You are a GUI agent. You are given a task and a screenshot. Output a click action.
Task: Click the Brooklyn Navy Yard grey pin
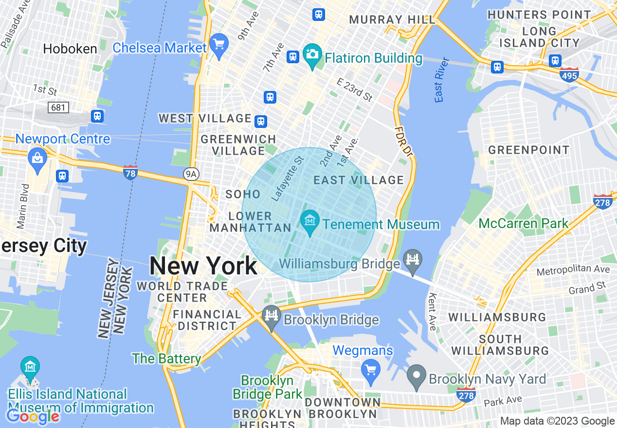coord(416,376)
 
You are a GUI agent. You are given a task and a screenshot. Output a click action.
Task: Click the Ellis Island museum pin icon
coord(30,368)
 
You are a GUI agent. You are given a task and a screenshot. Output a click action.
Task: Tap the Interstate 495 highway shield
coord(569,75)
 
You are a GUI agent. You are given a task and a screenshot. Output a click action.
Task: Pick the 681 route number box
coord(58,107)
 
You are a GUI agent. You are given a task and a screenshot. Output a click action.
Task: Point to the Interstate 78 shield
coord(130,172)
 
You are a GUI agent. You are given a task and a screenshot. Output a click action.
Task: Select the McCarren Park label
coord(524,223)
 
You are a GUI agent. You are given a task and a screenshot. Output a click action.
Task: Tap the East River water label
coord(441,80)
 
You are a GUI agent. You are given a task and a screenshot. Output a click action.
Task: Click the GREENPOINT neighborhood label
coord(529,150)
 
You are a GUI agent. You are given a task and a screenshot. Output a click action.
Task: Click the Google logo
coord(33,416)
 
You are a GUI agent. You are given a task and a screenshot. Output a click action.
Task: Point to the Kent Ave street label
coord(432,312)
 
